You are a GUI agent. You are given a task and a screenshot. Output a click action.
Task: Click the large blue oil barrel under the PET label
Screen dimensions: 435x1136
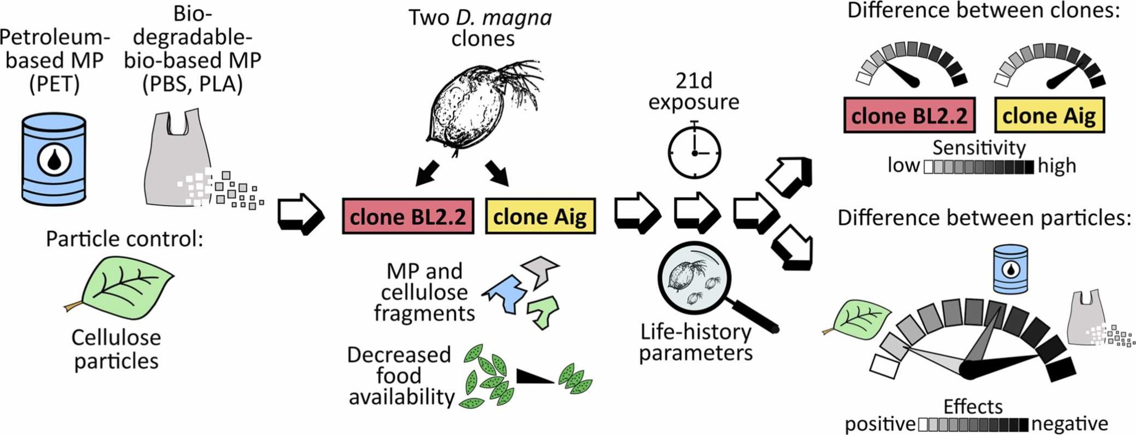coord(54,159)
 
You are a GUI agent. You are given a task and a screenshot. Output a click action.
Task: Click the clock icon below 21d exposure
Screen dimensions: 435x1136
coord(694,152)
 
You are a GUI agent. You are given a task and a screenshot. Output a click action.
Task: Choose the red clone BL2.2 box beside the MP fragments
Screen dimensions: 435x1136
coord(408,216)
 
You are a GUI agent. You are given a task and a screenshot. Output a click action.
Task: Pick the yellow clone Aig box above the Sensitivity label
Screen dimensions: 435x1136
coord(1049,116)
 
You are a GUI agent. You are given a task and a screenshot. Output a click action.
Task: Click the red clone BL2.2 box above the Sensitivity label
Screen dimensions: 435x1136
coord(909,116)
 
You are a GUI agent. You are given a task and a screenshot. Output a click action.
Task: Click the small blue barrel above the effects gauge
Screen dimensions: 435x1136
coord(1010,269)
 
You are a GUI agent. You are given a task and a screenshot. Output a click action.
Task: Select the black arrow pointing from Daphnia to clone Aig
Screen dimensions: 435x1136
coord(497,173)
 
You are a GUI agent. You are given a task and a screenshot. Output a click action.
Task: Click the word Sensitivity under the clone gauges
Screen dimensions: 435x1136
coord(978,148)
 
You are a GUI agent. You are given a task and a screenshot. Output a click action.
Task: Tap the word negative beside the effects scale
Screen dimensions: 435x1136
coord(1069,424)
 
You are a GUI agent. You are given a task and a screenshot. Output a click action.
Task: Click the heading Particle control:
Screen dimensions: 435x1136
coord(124,239)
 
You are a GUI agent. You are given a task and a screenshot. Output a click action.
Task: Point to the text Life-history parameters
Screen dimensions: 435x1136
coord(696,342)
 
